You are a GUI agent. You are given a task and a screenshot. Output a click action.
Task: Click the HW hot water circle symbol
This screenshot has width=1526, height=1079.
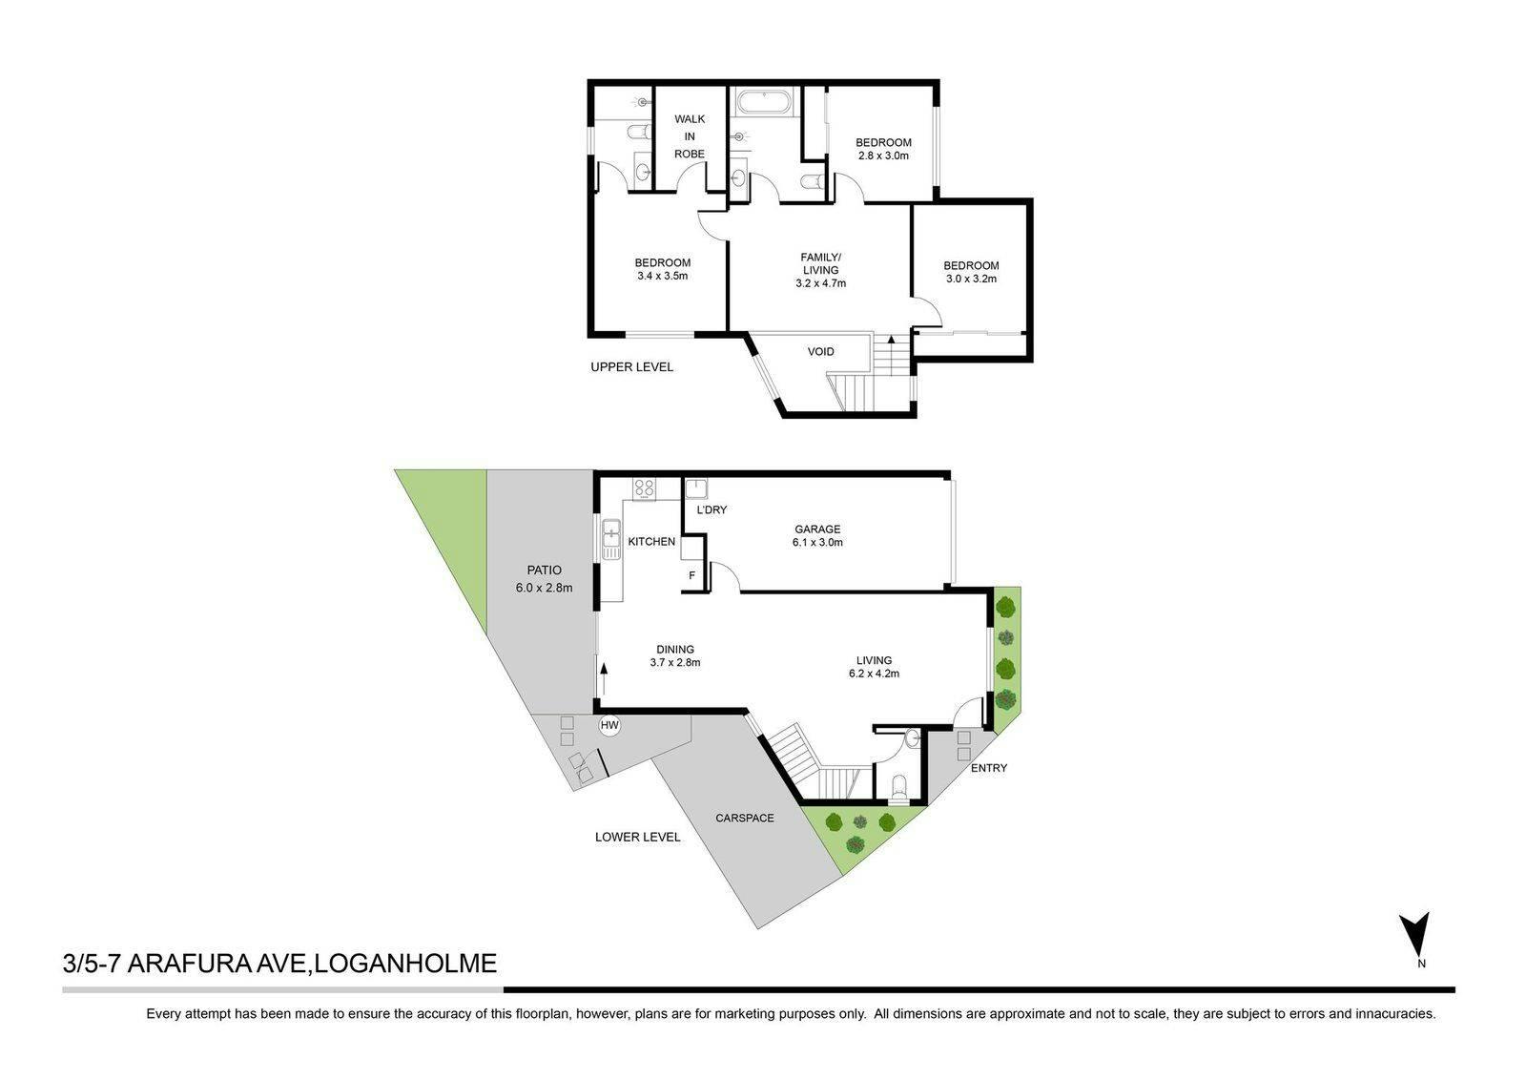coord(609,725)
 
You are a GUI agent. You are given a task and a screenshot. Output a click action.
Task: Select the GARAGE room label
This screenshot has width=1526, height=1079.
coord(817,529)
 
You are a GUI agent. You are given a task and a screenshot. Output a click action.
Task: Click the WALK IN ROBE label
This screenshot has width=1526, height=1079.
coord(690,136)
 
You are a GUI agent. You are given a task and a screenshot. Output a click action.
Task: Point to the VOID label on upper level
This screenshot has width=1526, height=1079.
coord(820,352)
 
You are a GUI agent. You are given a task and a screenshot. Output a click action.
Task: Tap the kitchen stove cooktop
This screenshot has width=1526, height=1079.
coord(644,488)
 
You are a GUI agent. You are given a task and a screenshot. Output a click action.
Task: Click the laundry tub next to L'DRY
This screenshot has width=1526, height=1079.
coord(696,488)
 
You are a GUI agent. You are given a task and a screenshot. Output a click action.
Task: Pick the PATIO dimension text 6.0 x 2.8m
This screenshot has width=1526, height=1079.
coord(544,588)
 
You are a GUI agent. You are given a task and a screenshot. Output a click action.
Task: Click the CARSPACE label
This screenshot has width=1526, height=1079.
coord(745,818)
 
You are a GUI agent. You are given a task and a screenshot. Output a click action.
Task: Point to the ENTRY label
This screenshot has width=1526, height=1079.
coord(988,768)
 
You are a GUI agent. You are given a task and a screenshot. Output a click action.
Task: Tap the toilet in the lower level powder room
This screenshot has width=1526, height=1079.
coord(898,786)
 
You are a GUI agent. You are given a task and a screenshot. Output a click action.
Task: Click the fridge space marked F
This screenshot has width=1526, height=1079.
coord(692,575)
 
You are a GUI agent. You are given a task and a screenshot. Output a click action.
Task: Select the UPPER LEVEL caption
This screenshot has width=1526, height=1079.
coord(631,366)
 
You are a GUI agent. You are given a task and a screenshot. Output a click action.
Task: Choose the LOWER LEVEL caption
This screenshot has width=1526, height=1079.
coord(638,837)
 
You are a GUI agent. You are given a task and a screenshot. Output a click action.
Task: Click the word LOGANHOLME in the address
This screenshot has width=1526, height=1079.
coord(406,964)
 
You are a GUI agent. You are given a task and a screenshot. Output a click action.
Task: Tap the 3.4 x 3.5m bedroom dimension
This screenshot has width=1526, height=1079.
coord(662,276)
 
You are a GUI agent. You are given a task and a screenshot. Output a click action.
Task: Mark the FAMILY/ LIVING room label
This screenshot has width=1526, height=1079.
coord(820,263)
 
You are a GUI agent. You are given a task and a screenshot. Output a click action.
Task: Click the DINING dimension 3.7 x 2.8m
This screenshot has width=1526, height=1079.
coord(675,662)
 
